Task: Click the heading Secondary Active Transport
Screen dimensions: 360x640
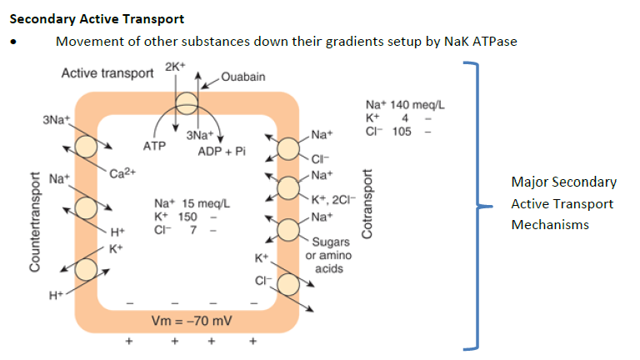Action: pos(97,17)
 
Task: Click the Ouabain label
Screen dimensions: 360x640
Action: pos(243,77)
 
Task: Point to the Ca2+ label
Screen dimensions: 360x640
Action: pos(122,173)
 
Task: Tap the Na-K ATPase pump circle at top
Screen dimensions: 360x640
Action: pos(185,103)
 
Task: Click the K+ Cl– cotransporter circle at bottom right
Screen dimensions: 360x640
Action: pos(288,283)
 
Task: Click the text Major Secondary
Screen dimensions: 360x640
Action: pos(563,182)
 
